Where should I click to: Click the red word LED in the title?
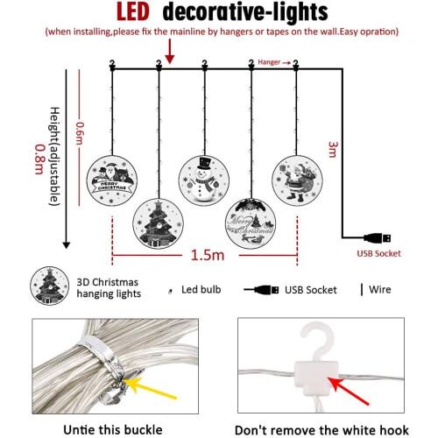tap(133, 12)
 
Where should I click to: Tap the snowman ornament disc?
tap(204, 180)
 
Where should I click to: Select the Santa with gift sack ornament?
tap(297, 180)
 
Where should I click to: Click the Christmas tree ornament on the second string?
tap(159, 223)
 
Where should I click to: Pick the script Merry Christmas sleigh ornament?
tap(251, 223)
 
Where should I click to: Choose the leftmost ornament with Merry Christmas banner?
tap(112, 180)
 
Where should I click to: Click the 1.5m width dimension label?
tap(208, 255)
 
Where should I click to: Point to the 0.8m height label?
tap(39, 159)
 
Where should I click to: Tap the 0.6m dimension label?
tap(80, 133)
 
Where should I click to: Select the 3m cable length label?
tap(333, 150)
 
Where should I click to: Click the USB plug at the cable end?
tap(378, 238)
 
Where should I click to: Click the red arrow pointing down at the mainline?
tap(170, 52)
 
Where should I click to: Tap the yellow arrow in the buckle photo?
tap(150, 388)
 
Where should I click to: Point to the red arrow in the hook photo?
tap(348, 391)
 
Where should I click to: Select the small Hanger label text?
tap(269, 62)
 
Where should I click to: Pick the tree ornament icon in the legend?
tap(50, 286)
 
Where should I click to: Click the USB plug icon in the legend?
tap(261, 290)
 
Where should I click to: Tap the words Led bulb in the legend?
tap(201, 290)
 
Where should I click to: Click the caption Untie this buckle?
tap(113, 430)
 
